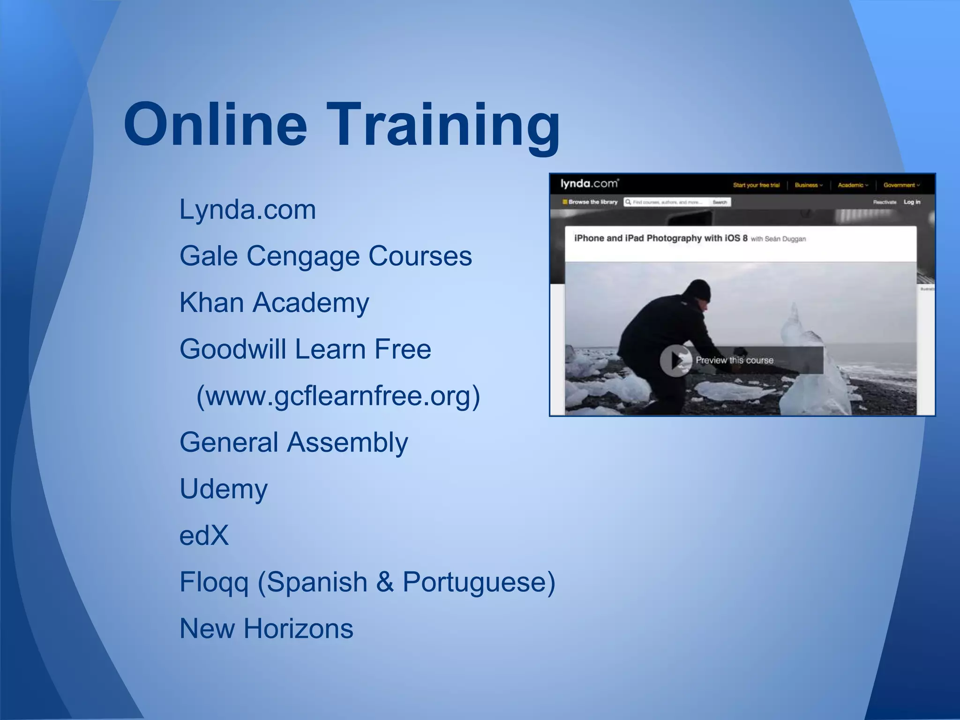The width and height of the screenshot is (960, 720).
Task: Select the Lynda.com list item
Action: pos(247,210)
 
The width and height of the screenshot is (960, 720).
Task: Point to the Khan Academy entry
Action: pos(274,303)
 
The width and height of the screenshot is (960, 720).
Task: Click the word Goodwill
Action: pos(232,349)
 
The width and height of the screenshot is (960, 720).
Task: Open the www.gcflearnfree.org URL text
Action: pos(338,396)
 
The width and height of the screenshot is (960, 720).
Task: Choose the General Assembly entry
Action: pos(293,442)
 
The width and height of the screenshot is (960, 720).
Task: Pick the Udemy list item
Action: pos(224,489)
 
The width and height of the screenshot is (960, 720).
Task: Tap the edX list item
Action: pos(204,535)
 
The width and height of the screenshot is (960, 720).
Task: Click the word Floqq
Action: pos(214,582)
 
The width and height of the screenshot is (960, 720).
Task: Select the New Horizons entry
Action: pos(266,629)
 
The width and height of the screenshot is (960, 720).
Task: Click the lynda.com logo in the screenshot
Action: pos(589,183)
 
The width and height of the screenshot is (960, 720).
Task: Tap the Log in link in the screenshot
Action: pos(912,202)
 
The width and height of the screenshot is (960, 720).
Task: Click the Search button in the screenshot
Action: pos(720,202)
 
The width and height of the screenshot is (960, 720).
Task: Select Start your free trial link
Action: pos(756,185)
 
